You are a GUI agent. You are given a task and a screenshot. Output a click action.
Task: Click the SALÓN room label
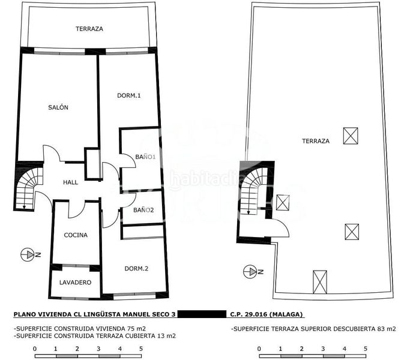pyautogui.click(x=58, y=107)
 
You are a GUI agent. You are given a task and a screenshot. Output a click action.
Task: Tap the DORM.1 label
pyautogui.click(x=129, y=95)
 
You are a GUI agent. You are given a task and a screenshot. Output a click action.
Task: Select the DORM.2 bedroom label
pyautogui.click(x=136, y=269)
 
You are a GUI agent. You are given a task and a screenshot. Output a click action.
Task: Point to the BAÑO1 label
pyautogui.click(x=145, y=157)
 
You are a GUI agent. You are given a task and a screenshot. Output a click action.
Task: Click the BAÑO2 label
pyautogui.click(x=143, y=210)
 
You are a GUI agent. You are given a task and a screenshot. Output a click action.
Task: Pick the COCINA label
pyautogui.click(x=76, y=235)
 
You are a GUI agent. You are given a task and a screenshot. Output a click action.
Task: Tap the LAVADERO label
pyautogui.click(x=76, y=283)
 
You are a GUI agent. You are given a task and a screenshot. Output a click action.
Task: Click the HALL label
pyautogui.click(x=71, y=182)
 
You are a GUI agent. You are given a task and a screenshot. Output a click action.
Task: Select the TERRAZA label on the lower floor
pyautogui.click(x=89, y=29)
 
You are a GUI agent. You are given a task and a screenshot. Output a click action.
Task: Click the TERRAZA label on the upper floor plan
pyautogui.click(x=316, y=141)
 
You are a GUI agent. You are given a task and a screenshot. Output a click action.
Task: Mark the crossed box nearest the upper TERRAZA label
pyautogui.click(x=351, y=136)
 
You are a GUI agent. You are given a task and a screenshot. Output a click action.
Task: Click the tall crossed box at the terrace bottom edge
pyautogui.click(x=320, y=282)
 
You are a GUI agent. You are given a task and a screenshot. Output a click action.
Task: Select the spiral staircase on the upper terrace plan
pyautogui.click(x=252, y=190)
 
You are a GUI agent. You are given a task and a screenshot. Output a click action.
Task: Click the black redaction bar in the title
pyautogui.click(x=202, y=314)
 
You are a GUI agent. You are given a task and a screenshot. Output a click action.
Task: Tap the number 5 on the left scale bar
pyautogui.click(x=141, y=349)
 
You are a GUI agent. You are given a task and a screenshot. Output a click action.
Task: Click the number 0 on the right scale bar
pyautogui.click(x=259, y=349)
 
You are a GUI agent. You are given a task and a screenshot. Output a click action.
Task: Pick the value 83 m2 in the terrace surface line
pyautogui.click(x=387, y=329)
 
